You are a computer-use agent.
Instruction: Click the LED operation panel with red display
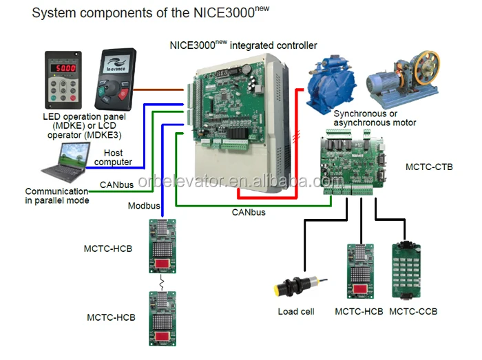tap(65, 79)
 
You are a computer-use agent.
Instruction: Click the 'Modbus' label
tap(144, 206)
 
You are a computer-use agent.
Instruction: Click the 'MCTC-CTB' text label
tap(430, 167)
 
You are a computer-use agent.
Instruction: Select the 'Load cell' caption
tap(296, 312)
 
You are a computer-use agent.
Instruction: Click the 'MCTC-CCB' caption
tap(413, 312)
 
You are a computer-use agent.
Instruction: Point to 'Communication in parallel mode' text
tap(57, 195)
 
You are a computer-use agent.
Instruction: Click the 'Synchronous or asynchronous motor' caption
tap(375, 118)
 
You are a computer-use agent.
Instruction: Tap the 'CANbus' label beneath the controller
tap(249, 213)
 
